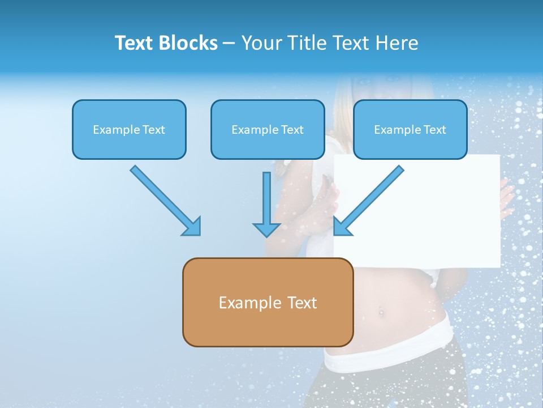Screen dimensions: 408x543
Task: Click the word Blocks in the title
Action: coord(189,43)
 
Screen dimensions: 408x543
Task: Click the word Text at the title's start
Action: coord(136,43)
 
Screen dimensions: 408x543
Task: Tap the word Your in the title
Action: coord(261,43)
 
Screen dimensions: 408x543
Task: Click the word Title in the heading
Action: coord(307,43)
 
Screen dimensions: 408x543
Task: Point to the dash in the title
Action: coord(229,44)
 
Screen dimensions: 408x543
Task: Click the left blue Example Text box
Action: coord(129,130)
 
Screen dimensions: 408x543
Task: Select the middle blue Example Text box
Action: coord(268,130)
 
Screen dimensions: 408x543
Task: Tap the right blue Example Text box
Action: coord(410,130)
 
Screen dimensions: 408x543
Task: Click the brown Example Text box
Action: coord(268,302)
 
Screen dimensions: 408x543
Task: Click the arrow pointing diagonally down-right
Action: coord(166,201)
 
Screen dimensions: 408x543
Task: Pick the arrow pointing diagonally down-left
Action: coord(369,201)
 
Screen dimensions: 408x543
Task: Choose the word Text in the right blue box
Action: coord(435,130)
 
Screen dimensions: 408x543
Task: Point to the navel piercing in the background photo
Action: coord(380,311)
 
